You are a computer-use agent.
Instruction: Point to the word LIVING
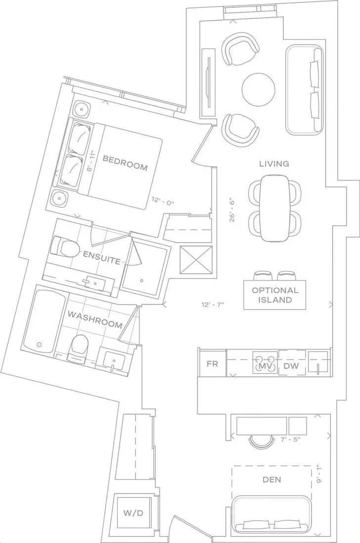click(274, 164)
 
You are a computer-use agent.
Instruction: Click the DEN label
click(272, 480)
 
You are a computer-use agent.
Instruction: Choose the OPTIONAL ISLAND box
click(275, 294)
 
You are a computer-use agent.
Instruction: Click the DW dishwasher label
click(291, 366)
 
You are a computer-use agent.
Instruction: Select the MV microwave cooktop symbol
click(265, 363)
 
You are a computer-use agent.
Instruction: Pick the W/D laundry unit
click(133, 513)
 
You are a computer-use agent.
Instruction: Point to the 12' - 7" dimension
click(213, 305)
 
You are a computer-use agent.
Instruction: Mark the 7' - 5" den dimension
click(290, 439)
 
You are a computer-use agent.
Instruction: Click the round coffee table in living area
click(259, 89)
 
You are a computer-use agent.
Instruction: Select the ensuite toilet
click(64, 247)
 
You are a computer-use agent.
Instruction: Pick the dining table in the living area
click(275, 209)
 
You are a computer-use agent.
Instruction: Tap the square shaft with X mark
click(196, 259)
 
